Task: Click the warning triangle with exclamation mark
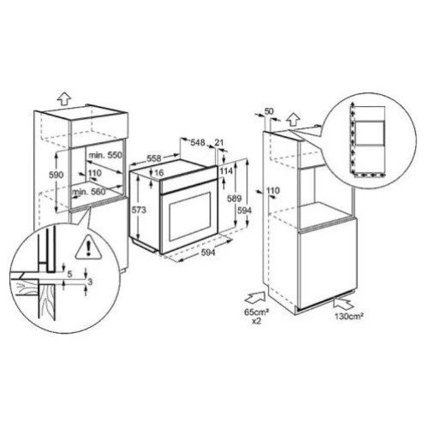(89, 247)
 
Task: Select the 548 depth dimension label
(198, 142)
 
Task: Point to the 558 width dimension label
(154, 158)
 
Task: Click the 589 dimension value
(235, 199)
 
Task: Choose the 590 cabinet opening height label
(56, 175)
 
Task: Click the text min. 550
(105, 155)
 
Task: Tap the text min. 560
(89, 192)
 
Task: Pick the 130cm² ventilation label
(349, 316)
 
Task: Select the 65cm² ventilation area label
(257, 312)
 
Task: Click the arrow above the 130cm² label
(343, 304)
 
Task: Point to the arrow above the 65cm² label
(255, 299)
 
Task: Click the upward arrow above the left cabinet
(63, 100)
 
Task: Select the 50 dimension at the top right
(269, 111)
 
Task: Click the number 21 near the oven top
(219, 143)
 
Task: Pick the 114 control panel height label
(227, 170)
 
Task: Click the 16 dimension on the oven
(158, 173)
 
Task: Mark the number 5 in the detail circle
(69, 274)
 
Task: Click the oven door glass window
(190, 216)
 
